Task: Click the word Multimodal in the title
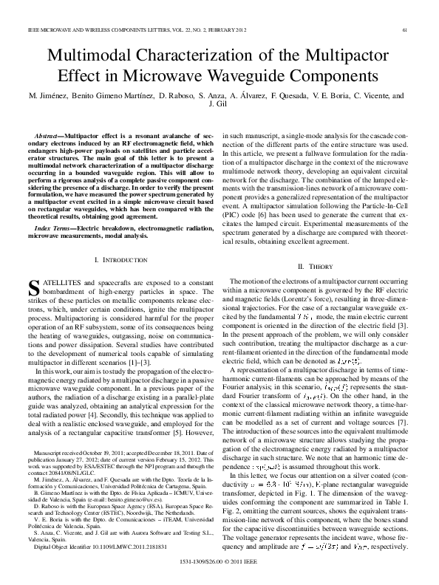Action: [x=93, y=57]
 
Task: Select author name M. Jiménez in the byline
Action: [x=50, y=96]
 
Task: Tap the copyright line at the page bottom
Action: [x=219, y=564]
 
